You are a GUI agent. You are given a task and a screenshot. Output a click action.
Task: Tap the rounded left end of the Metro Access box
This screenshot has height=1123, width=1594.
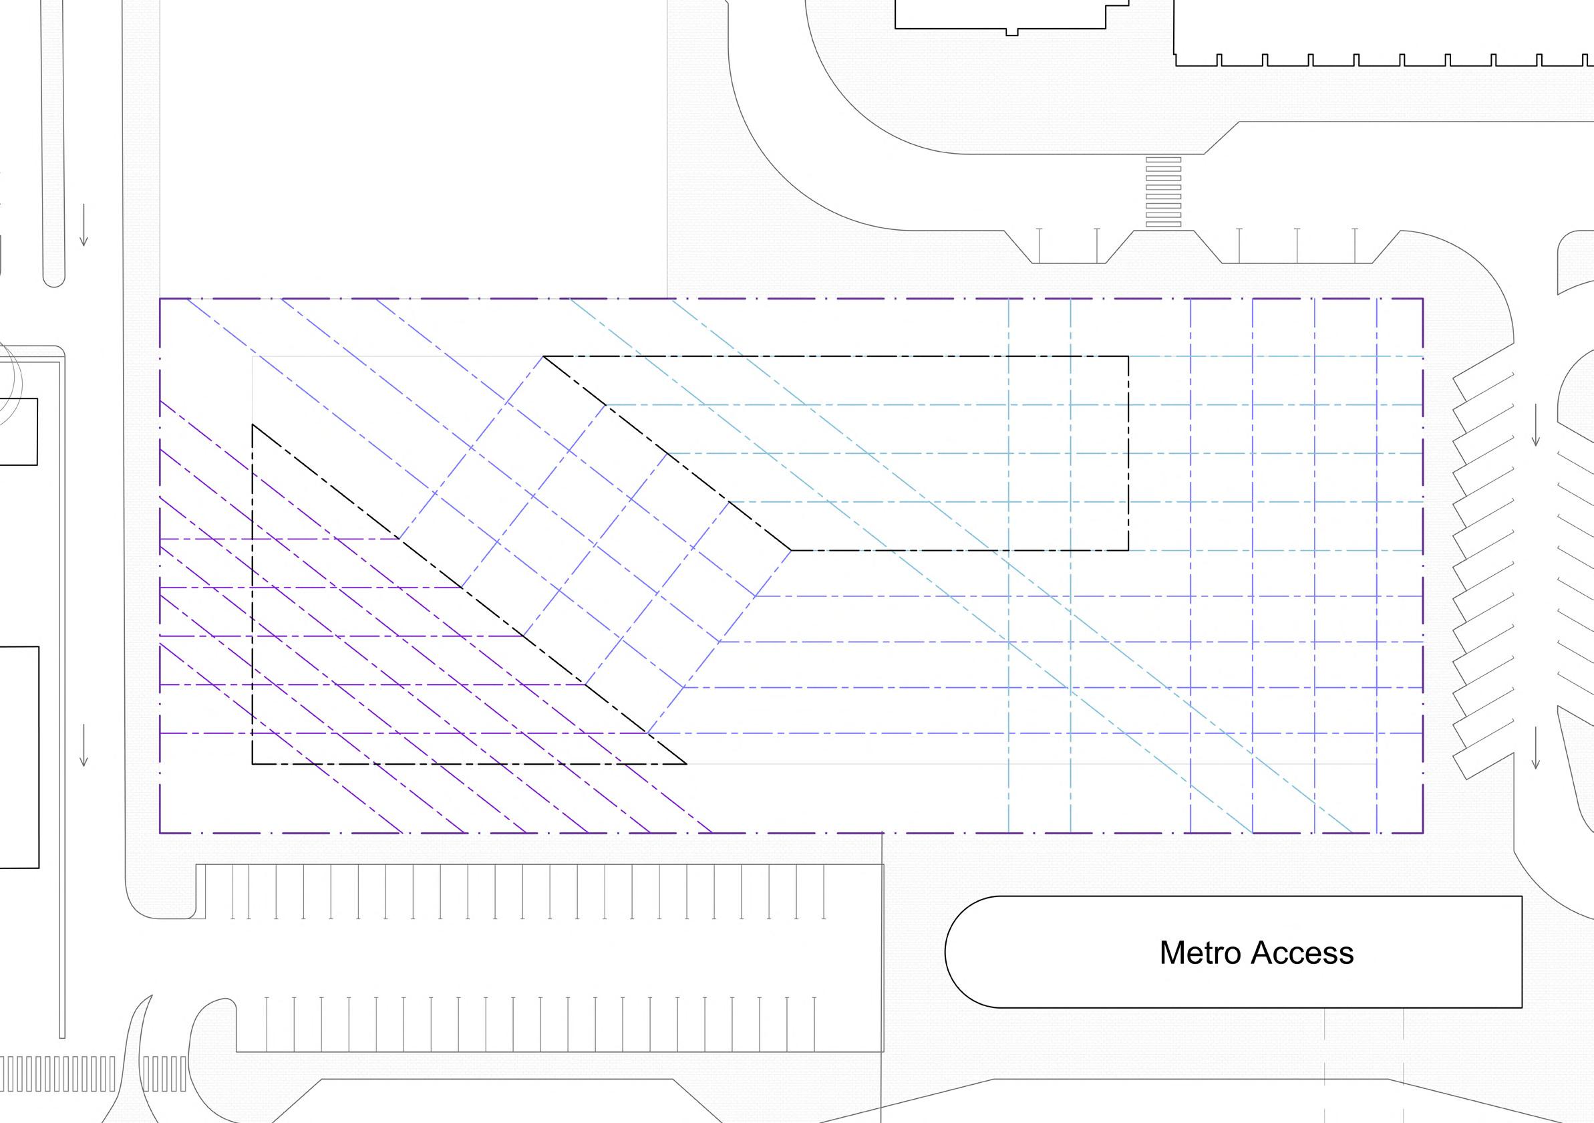coord(961,952)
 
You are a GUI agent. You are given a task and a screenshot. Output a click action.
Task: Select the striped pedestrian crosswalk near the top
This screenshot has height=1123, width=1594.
coord(1163,192)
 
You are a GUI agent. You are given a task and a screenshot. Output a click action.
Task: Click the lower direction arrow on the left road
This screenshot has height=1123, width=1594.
coord(84,745)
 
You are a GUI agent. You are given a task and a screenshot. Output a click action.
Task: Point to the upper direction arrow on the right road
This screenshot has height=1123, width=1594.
coord(1536,424)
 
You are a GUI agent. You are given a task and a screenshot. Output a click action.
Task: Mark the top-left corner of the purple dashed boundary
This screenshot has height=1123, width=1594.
coord(160,299)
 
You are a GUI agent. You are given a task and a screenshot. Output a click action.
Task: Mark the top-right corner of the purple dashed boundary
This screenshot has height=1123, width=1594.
coord(1422,299)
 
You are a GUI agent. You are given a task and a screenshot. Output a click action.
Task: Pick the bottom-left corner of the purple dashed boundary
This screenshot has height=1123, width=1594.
coord(160,832)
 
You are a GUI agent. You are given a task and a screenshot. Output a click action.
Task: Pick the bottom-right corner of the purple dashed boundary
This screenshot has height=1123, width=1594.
coord(1422,832)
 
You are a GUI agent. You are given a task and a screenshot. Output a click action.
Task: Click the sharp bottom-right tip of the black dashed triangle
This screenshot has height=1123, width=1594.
coord(686,764)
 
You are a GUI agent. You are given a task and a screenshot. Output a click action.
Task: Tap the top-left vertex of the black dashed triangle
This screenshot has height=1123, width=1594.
coord(253,424)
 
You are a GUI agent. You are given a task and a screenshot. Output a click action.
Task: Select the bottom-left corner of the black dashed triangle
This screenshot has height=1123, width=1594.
coord(253,764)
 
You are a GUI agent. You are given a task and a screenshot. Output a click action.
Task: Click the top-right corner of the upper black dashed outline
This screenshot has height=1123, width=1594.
coord(1128,356)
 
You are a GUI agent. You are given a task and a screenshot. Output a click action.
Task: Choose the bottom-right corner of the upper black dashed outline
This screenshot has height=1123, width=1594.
coord(1128,551)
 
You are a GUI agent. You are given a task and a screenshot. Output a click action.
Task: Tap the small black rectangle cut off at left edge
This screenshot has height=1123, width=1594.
coord(18,431)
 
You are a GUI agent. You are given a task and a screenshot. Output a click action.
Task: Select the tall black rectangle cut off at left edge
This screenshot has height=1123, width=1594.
coord(19,757)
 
